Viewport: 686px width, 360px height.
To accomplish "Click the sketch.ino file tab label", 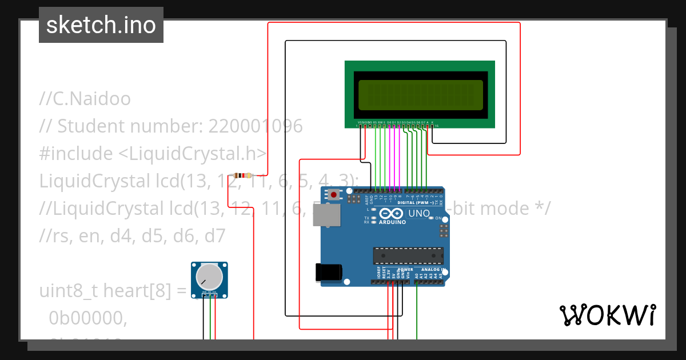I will [101, 25].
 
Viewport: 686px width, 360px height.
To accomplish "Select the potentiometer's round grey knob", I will [209, 277].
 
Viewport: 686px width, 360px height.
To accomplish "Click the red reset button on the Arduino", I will [334, 195].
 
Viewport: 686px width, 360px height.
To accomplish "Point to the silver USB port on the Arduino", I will [326, 217].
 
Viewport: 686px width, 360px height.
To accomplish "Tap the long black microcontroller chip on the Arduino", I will [408, 255].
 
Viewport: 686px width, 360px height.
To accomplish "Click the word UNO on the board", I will [419, 214].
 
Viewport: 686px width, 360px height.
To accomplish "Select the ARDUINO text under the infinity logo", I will [392, 222].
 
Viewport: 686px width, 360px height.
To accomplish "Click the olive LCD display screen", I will [420, 95].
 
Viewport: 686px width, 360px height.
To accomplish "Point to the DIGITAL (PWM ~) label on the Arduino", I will [414, 203].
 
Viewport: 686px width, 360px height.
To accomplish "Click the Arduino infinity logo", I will [392, 214].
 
